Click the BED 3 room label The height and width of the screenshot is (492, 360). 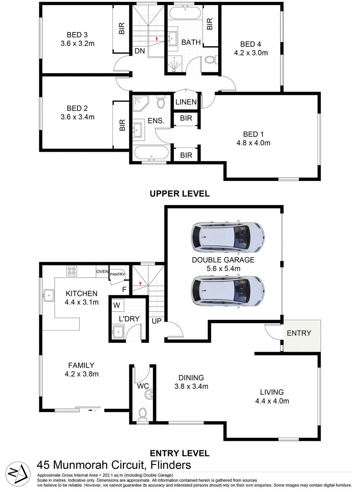[77, 35]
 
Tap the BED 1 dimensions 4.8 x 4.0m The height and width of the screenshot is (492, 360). [253, 143]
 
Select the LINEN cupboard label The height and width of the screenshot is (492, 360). [186, 102]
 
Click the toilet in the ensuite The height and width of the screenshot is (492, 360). [161, 102]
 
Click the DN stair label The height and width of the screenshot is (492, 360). [140, 51]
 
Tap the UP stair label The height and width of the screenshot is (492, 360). [157, 321]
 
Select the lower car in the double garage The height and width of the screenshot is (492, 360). [227, 291]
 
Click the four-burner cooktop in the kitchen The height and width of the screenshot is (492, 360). [71, 270]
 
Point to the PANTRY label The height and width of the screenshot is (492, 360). [117, 274]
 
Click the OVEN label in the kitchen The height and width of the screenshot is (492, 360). [102, 272]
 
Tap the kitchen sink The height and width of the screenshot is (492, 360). [48, 295]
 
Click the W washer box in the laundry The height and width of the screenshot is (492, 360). [117, 305]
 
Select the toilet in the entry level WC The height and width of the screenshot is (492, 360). [143, 414]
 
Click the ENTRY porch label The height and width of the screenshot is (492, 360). [299, 333]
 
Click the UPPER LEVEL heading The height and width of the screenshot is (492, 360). [179, 193]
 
